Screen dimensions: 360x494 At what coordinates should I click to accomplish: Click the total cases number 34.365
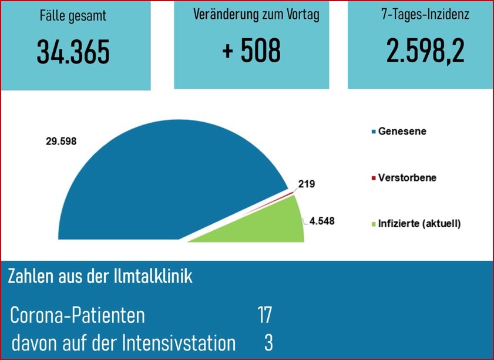(73, 52)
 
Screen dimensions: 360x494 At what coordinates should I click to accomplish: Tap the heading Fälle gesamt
(73, 16)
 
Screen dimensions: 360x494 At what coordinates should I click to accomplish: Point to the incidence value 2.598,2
(425, 51)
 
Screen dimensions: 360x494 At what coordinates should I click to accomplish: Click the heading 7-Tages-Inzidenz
(425, 15)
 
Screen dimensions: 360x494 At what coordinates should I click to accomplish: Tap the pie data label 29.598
(61, 141)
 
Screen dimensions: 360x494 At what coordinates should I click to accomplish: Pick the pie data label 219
(306, 184)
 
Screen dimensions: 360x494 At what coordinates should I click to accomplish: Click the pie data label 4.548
(322, 221)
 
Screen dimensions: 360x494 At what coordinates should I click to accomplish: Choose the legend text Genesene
(402, 131)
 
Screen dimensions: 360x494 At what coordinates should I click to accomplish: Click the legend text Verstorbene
(407, 177)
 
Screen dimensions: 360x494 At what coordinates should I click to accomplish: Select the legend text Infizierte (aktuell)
(419, 224)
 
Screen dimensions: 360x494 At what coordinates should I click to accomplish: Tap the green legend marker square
(373, 224)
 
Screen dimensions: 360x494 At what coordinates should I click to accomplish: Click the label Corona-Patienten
(78, 315)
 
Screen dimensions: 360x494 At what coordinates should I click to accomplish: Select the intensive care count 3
(268, 343)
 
